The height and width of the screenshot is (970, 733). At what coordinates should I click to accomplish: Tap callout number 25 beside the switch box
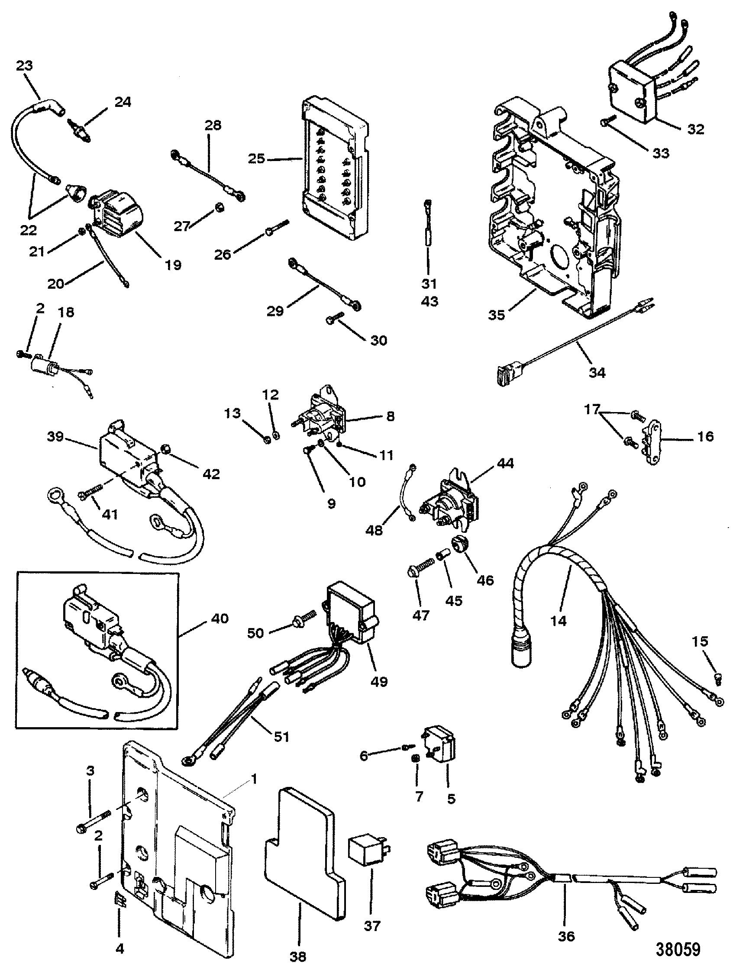257,158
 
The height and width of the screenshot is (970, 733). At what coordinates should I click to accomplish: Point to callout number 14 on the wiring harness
559,620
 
